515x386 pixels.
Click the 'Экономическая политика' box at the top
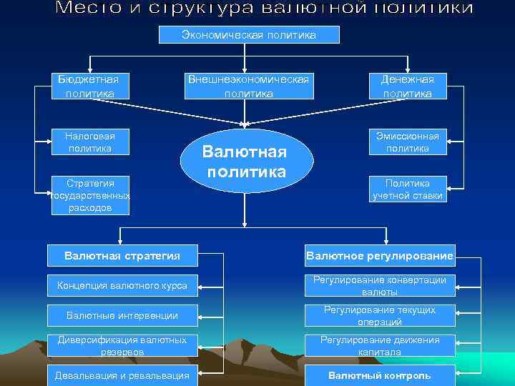tap(248, 35)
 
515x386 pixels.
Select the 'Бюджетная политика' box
tap(89, 86)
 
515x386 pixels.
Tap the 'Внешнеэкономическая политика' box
tap(248, 86)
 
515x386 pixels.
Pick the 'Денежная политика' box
tap(407, 86)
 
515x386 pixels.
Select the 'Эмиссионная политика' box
tap(407, 142)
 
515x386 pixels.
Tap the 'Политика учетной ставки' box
tap(407, 189)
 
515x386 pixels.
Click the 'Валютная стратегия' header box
tap(122, 256)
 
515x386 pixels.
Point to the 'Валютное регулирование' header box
tap(380, 256)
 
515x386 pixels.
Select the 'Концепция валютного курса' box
tap(122, 286)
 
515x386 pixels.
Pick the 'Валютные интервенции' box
tap(122, 315)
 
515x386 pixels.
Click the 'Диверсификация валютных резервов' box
tap(122, 346)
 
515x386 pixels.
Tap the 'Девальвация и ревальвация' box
tap(122, 375)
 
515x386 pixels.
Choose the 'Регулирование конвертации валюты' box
tap(380, 286)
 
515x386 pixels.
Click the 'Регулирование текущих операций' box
tap(380, 315)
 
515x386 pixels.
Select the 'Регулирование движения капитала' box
tap(380, 346)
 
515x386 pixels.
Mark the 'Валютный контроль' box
tap(380, 375)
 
